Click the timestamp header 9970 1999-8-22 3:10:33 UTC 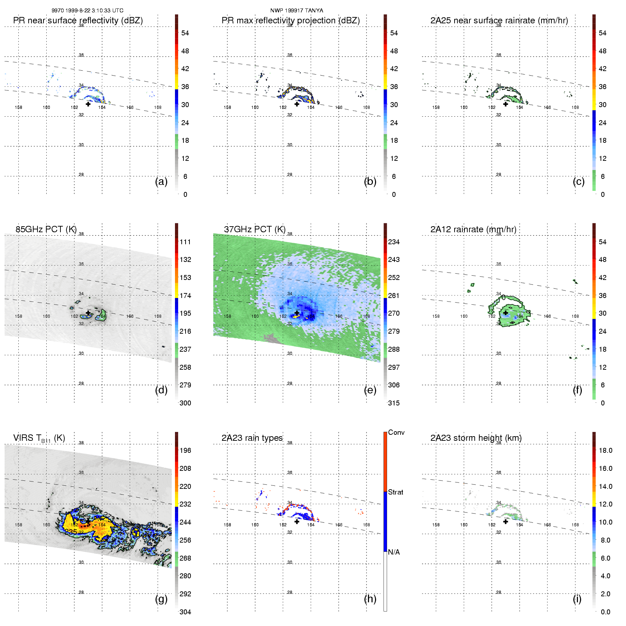[x=87, y=11]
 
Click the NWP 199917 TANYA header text [x=297, y=11]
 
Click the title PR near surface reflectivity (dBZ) [x=78, y=21]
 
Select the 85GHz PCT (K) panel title [x=46, y=229]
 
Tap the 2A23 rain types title [x=252, y=438]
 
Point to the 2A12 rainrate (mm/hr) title [x=473, y=229]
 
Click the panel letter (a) [x=161, y=182]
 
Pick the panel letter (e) [x=370, y=390]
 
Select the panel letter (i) [x=577, y=599]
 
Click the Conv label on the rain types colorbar [x=396, y=433]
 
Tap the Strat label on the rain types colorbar [x=396, y=492]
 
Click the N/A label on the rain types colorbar [x=394, y=552]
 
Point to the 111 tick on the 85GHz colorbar [x=185, y=242]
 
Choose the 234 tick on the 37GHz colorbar [x=394, y=242]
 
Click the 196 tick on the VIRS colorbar [x=185, y=450]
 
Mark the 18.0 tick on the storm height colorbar [x=605, y=450]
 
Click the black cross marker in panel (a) [x=88, y=104]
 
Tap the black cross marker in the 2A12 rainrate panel [x=505, y=313]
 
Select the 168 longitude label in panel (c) [x=575, y=107]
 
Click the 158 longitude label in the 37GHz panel [x=227, y=316]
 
